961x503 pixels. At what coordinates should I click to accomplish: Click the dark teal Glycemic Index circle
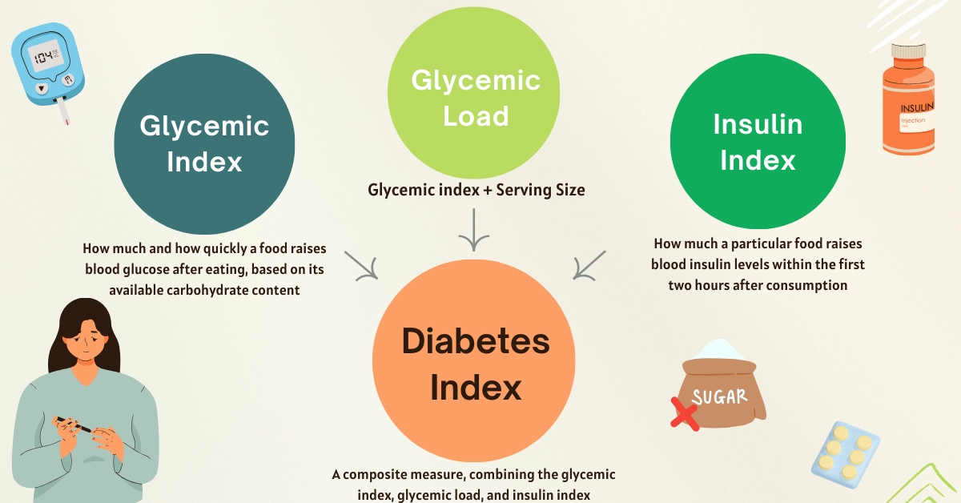[204, 144]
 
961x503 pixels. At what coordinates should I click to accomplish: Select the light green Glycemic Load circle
[473, 92]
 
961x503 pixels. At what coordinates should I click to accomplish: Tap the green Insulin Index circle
[758, 141]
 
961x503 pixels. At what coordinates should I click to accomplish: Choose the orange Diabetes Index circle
[473, 360]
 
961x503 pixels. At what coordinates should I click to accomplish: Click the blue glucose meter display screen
[45, 56]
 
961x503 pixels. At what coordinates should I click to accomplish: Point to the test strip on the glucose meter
[62, 111]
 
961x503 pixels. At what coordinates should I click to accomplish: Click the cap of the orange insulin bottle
[908, 50]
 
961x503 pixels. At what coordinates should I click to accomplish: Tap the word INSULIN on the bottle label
[917, 107]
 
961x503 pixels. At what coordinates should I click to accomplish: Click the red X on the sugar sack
[685, 414]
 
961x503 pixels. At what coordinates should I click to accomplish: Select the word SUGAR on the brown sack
[719, 397]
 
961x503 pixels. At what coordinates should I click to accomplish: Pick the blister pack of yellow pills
[846, 454]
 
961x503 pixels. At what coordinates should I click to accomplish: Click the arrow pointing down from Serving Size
[473, 230]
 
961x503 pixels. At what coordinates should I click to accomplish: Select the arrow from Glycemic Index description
[361, 266]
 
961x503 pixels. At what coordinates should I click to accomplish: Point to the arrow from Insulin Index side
[589, 266]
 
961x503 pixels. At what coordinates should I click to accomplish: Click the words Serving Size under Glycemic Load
[541, 190]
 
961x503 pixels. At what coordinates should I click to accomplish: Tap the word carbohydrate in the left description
[207, 290]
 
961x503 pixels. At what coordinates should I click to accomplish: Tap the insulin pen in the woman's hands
[73, 425]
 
